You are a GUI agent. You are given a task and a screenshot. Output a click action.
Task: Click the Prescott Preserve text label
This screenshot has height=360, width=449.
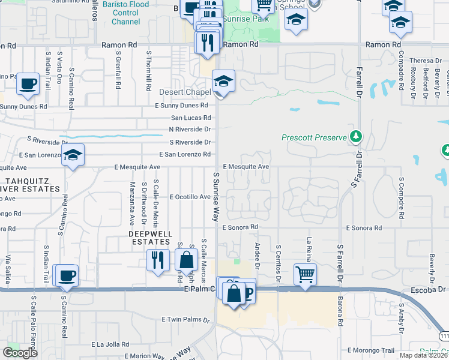315,137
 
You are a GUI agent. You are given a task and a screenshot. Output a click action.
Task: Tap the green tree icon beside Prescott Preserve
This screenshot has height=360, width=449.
356,137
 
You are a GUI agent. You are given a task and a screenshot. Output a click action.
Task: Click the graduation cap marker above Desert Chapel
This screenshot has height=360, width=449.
223,81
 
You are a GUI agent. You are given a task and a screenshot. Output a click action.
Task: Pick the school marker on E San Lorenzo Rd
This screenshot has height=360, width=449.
73,155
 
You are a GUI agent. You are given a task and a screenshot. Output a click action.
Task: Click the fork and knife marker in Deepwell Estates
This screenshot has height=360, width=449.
158,260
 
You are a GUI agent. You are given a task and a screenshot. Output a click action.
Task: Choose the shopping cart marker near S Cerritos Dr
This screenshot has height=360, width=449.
305,274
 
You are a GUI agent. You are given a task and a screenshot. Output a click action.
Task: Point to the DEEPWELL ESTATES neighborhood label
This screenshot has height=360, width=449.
150,237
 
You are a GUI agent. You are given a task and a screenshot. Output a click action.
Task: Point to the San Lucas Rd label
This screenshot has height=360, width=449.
191,118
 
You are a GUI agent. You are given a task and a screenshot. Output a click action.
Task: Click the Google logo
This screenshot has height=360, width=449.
20,353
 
